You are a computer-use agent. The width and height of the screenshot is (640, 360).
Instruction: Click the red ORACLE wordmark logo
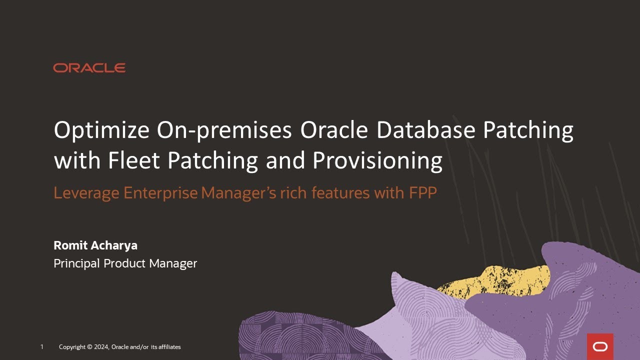tap(89, 68)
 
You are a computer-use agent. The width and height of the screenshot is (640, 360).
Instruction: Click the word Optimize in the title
tap(101, 131)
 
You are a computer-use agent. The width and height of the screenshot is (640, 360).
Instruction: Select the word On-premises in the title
tap(224, 131)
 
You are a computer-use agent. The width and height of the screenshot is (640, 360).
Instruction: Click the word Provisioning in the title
tap(377, 161)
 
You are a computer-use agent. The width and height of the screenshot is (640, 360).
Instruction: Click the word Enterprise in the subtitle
tap(160, 193)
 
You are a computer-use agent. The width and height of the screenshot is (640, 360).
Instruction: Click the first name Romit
tap(69, 246)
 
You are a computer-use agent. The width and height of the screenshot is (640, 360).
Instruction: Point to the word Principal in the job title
tap(76, 263)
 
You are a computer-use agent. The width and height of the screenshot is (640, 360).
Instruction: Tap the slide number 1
tap(42, 347)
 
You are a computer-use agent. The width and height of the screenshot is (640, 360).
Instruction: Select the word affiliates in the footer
tap(169, 347)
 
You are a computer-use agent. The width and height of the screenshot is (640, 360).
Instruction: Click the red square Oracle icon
tap(600, 346)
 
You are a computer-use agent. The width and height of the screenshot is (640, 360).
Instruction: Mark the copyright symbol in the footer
tap(89, 347)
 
